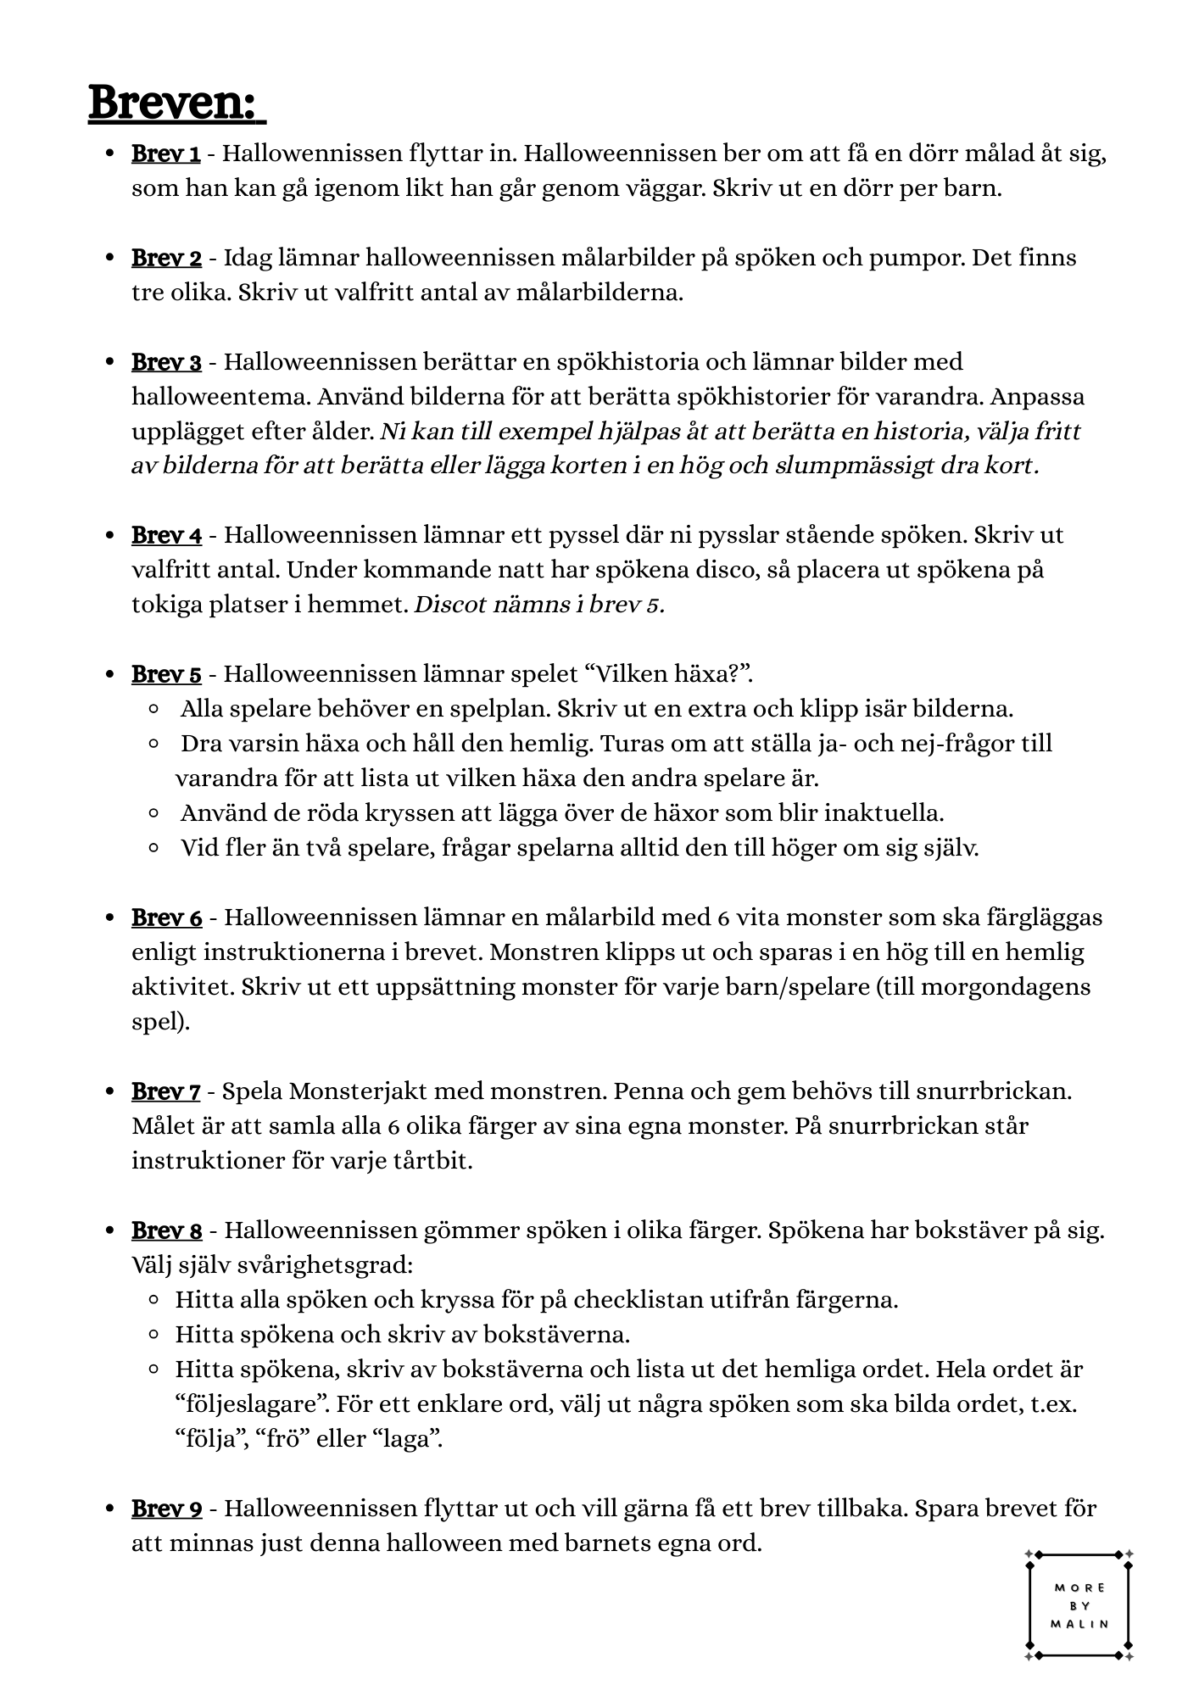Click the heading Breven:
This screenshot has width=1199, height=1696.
click(x=176, y=103)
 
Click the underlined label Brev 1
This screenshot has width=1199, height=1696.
click(x=166, y=154)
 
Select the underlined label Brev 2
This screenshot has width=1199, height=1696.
click(x=166, y=258)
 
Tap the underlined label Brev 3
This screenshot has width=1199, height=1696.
click(x=166, y=362)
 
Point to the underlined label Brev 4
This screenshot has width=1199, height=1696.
click(x=166, y=536)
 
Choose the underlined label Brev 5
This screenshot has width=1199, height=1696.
click(x=166, y=675)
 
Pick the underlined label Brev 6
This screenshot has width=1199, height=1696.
click(x=166, y=918)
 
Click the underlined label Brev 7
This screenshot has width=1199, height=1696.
click(x=166, y=1091)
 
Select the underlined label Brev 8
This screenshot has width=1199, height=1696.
click(x=166, y=1230)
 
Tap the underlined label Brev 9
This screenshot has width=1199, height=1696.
click(x=166, y=1509)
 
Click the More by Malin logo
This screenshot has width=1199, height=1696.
click(x=1079, y=1605)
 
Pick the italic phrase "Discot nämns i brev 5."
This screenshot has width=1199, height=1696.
click(x=539, y=605)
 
